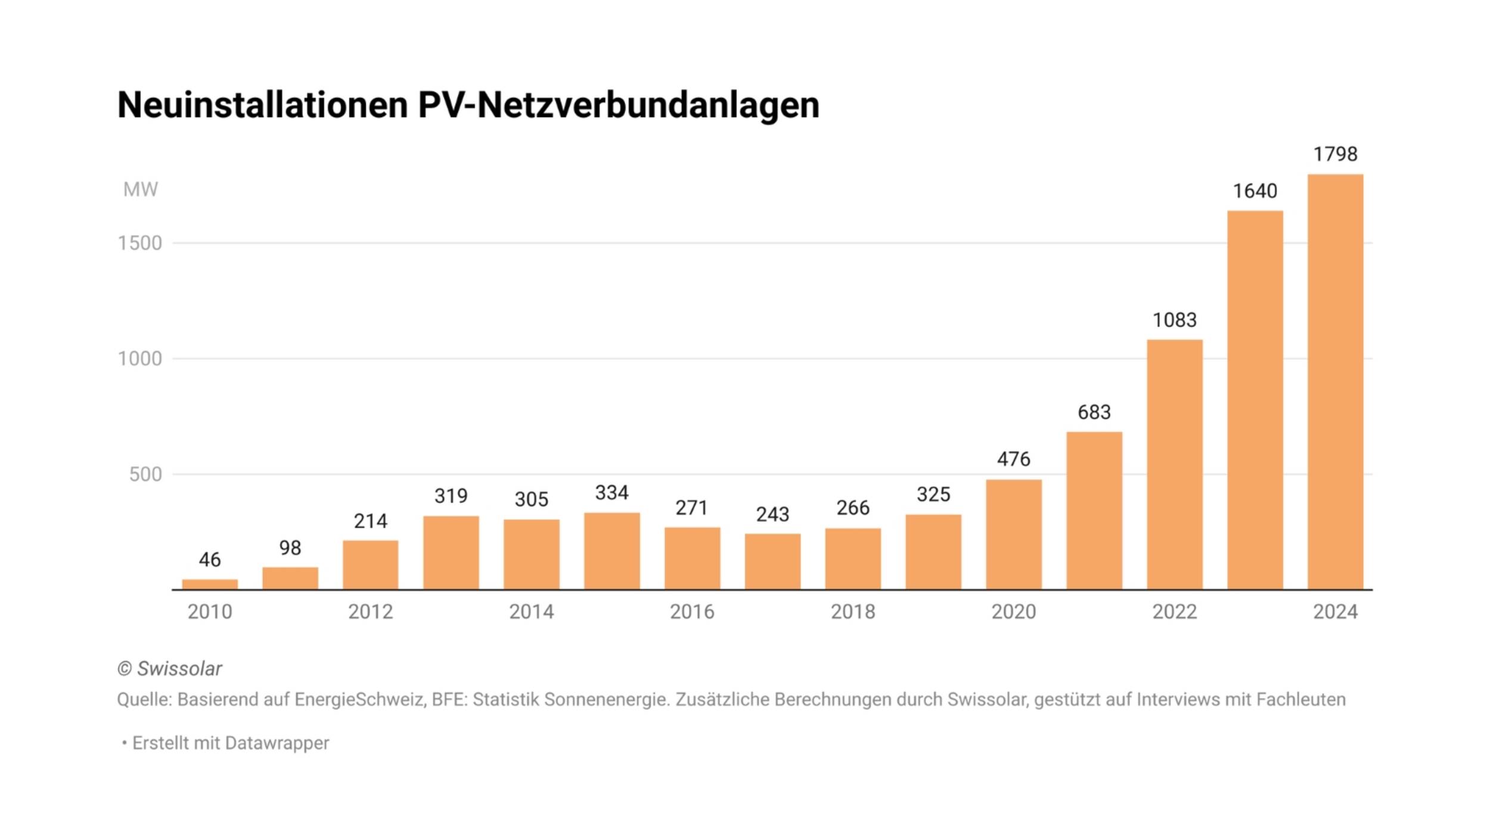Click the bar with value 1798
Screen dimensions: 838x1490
1335,381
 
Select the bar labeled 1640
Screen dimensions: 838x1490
1255,400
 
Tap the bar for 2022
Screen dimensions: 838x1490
1174,464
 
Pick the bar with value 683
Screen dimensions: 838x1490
1094,511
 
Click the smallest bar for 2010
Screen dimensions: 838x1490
210,584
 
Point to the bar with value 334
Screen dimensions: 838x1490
611,551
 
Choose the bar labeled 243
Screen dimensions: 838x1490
772,561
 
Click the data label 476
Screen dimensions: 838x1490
1013,459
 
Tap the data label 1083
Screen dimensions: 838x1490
1174,320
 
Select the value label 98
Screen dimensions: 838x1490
290,548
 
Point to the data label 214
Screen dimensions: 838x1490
370,521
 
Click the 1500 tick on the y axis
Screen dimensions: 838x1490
140,243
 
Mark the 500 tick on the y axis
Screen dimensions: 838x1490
145,474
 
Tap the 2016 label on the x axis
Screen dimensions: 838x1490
692,612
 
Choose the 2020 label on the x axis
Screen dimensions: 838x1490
1013,612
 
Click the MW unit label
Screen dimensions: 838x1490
141,190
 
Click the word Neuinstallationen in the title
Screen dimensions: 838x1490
262,105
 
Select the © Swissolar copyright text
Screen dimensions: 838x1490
170,669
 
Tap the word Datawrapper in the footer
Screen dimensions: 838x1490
277,743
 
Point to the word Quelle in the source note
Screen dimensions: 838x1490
144,700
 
